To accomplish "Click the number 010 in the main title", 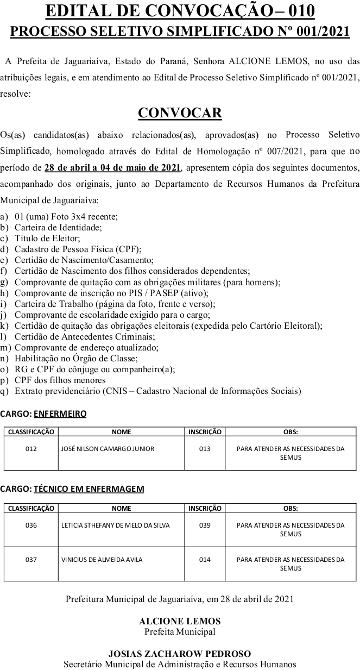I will [296, 11].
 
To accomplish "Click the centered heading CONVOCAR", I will [180, 112].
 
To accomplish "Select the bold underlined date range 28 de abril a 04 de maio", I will [112, 167].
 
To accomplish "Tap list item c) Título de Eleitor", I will [47, 238].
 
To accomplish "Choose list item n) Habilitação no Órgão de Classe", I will [76, 358].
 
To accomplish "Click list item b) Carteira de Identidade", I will [58, 227].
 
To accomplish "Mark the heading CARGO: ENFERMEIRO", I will [43, 414].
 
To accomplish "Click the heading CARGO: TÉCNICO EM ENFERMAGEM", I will [72, 489].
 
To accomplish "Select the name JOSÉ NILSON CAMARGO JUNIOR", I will [108, 449].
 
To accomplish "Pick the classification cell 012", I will [31, 449].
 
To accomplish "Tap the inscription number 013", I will [205, 449].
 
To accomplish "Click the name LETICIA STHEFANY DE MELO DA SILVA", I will [116, 525].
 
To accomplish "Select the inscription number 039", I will [205, 525].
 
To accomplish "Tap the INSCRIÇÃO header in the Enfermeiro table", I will [205, 432].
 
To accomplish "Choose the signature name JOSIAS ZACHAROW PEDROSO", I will [180, 654].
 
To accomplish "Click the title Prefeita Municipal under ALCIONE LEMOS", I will [180, 631].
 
